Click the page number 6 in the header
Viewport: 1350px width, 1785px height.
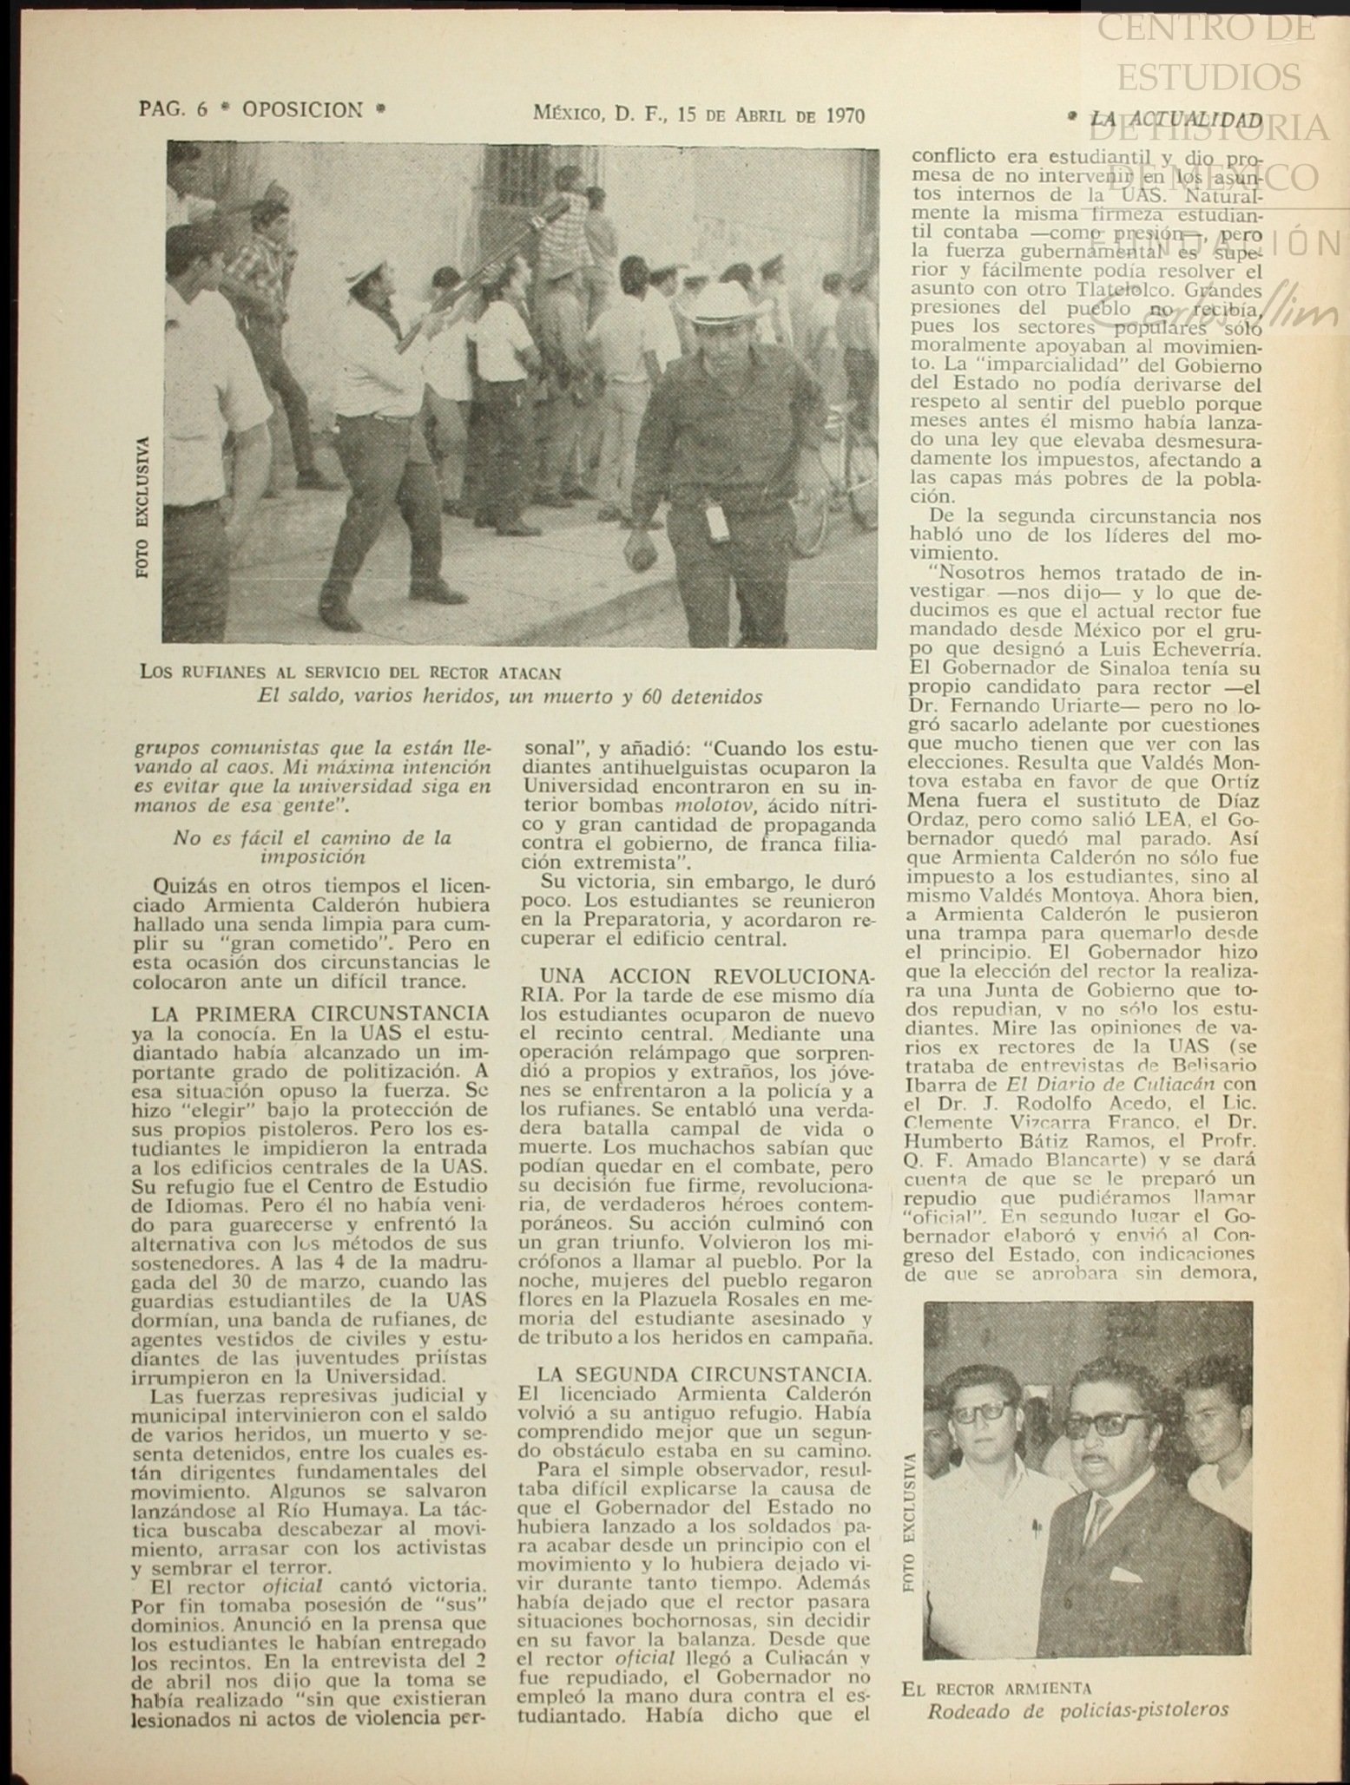tap(202, 110)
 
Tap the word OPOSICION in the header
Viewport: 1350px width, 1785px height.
tap(302, 110)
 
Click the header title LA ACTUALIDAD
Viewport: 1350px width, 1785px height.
tap(1175, 120)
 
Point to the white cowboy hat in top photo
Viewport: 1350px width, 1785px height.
tap(728, 304)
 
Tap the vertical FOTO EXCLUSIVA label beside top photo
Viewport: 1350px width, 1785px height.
tap(143, 507)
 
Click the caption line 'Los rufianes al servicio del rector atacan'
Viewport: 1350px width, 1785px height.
tap(350, 673)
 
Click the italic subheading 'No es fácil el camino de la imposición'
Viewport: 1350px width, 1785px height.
tap(313, 847)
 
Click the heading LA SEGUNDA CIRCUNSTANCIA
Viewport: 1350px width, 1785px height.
tap(703, 1374)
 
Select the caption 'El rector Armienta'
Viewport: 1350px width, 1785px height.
tap(997, 1688)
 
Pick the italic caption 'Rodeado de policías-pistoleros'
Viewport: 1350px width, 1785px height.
tap(1077, 1710)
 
